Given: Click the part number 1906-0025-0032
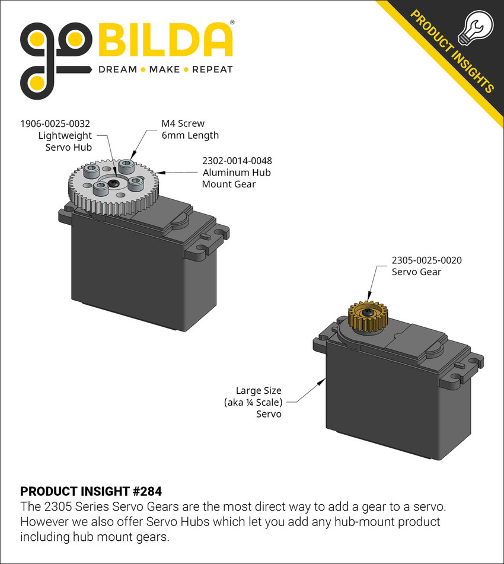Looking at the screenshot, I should pos(56,124).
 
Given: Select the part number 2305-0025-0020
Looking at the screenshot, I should pos(426,260).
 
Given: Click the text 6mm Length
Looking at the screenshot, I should pos(190,135).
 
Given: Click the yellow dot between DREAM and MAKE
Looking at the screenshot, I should pos(142,69).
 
